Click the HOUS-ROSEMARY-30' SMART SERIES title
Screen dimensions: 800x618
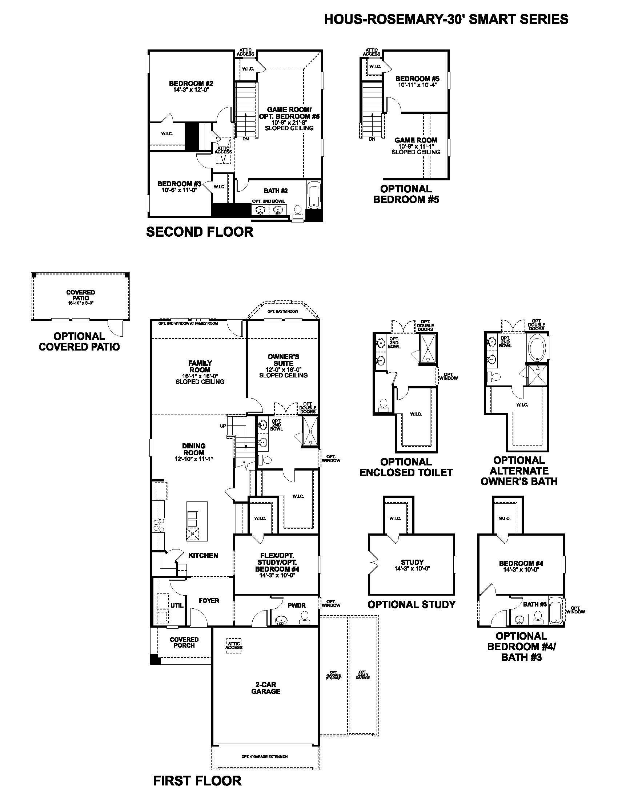pyautogui.click(x=446, y=19)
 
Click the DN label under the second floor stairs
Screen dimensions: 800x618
pyautogui.click(x=245, y=139)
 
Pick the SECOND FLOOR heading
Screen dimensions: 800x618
pyautogui.click(x=200, y=232)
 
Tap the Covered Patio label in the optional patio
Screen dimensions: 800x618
pyautogui.click(x=81, y=295)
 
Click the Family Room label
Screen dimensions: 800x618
pyautogui.click(x=200, y=366)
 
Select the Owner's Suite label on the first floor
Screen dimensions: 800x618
pyautogui.click(x=284, y=360)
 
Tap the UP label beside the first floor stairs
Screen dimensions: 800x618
pyautogui.click(x=223, y=426)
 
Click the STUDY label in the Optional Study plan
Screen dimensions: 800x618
pyautogui.click(x=412, y=562)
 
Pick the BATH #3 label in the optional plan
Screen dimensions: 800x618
pyautogui.click(x=534, y=604)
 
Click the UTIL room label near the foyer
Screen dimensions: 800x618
pyautogui.click(x=177, y=605)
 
